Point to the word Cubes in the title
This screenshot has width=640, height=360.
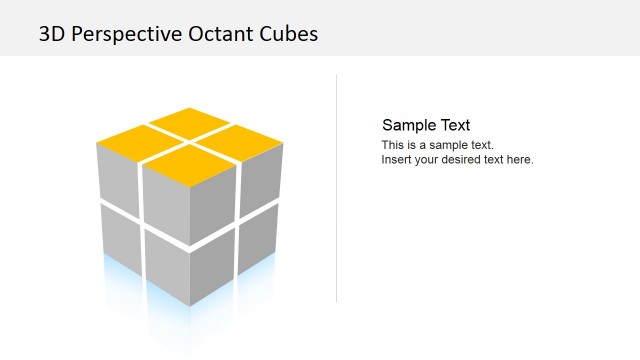click(x=289, y=34)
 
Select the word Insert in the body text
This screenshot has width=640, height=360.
click(x=397, y=159)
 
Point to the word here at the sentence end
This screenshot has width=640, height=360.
click(x=520, y=159)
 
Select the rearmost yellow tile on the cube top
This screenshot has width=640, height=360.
click(x=190, y=120)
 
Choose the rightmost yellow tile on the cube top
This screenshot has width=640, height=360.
click(x=244, y=141)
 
